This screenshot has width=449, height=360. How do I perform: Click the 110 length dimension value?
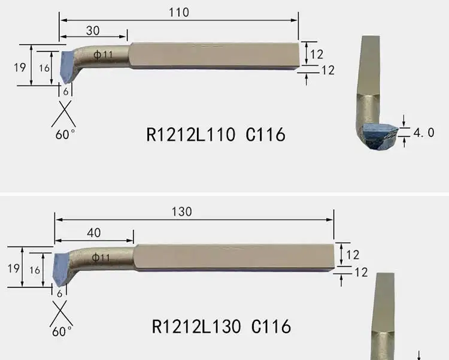(178, 13)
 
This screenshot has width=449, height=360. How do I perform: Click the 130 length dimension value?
(181, 212)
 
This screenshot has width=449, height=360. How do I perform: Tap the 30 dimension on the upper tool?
(93, 31)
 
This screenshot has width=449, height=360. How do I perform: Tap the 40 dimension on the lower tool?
(93, 233)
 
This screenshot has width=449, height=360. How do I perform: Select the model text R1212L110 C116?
(216, 134)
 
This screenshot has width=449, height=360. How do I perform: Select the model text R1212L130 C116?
(221, 326)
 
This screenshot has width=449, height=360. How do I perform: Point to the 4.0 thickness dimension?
(424, 133)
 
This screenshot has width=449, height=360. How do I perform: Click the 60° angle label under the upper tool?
(65, 134)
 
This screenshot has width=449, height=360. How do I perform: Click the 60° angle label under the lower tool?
(62, 331)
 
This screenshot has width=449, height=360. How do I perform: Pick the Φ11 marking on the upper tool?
(103, 54)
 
